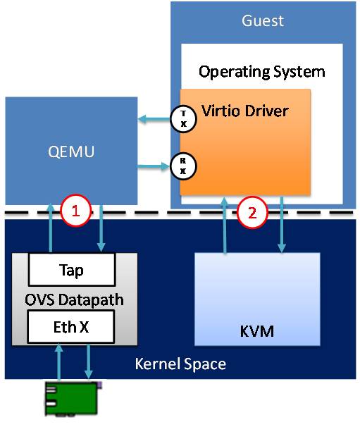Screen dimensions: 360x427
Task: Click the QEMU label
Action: tap(71, 151)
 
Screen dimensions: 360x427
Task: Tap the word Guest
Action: tap(263, 20)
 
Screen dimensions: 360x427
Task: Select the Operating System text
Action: tap(262, 72)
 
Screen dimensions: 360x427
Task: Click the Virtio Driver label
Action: tap(245, 111)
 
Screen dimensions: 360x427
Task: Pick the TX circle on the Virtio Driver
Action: tap(183, 119)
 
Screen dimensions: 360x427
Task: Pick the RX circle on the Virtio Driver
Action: tap(183, 166)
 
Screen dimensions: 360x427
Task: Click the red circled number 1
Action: tap(75, 211)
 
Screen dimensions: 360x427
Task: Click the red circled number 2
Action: tap(252, 212)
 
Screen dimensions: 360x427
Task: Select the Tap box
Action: tap(72, 270)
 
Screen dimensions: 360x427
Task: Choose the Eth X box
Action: tap(70, 327)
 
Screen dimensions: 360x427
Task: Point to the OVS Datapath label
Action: tap(74, 300)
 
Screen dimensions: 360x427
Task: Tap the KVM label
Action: tap(257, 331)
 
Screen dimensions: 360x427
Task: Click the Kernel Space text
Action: tap(180, 364)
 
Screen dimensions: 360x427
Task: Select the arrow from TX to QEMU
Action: tap(154, 119)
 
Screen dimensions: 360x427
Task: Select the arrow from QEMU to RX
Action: tap(154, 166)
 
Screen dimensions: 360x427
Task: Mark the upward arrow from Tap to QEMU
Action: tap(51, 228)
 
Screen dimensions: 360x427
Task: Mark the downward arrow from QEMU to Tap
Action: tap(101, 228)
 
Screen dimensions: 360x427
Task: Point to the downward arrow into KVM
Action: tap(282, 224)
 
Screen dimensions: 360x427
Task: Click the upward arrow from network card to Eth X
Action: tap(59, 361)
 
